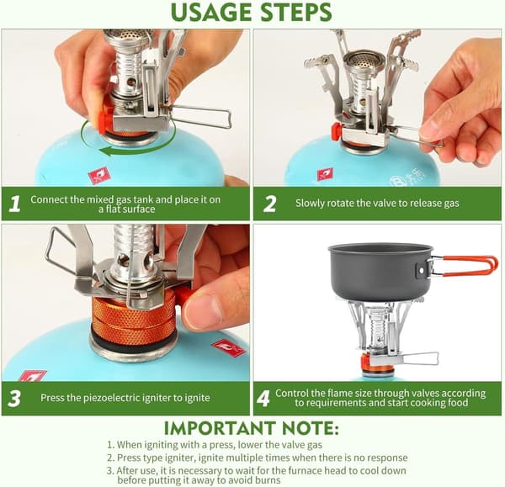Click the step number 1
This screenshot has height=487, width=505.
click(14, 204)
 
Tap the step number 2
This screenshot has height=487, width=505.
click(269, 204)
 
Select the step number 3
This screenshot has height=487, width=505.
click(14, 399)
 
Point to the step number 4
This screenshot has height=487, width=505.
click(263, 399)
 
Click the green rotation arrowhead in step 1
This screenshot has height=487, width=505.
click(105, 151)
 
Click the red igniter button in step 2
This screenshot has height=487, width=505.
click(337, 131)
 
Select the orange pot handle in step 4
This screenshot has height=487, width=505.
click(464, 264)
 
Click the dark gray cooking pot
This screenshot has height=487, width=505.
click(381, 271)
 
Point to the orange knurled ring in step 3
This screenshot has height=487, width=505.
click(134, 318)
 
